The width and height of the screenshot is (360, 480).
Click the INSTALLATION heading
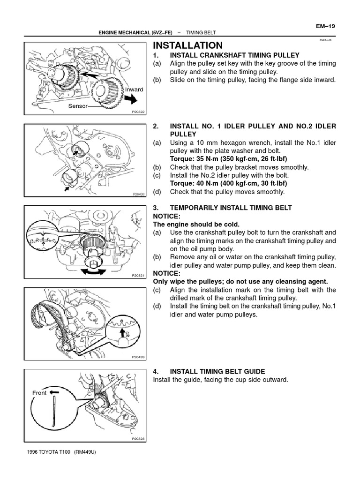[x=188, y=45]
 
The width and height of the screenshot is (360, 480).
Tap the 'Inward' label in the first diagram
[x=134, y=90]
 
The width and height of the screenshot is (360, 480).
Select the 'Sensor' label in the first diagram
[x=78, y=106]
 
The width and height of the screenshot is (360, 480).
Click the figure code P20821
[x=138, y=276]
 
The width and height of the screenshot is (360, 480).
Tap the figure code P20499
[x=138, y=357]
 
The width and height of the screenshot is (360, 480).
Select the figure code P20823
[x=138, y=439]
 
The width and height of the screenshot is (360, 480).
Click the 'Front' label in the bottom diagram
[x=39, y=393]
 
